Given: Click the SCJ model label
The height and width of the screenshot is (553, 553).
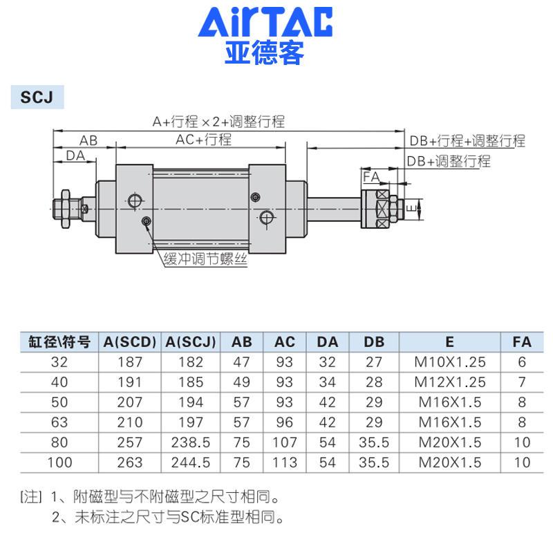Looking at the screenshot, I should tap(37, 97).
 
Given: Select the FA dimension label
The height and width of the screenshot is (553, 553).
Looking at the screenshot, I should tap(371, 178).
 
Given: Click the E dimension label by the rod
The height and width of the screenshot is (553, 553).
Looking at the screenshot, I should tap(409, 207).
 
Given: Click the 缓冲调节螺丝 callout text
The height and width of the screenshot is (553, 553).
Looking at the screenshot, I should tap(205, 260).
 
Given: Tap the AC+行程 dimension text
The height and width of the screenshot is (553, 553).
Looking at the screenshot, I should tap(203, 140).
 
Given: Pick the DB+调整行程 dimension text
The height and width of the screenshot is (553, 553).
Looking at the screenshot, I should tap(448, 161).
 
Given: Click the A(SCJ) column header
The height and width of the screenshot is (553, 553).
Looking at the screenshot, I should tap(190, 341).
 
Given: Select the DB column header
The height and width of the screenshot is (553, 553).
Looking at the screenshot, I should tap(373, 341).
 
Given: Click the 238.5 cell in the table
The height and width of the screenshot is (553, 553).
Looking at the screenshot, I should tap(190, 442).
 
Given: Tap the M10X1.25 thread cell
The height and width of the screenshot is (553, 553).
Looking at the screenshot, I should tap(450, 362).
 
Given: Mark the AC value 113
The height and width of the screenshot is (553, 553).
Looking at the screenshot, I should tap(284, 462).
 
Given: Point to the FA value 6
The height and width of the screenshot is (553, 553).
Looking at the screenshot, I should tap(522, 362).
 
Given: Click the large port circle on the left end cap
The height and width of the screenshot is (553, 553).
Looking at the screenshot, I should tap(134, 201).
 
